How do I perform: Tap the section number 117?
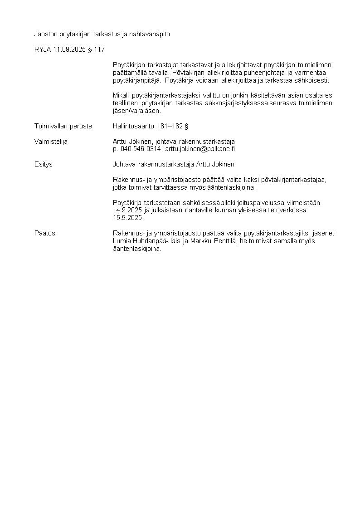click(99, 49)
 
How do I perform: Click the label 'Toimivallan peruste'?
click(63, 126)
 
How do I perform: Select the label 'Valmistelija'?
click(51, 141)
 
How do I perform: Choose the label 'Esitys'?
click(44, 164)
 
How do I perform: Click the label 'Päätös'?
click(45, 233)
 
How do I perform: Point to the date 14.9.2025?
click(127, 210)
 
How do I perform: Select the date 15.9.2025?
click(127, 218)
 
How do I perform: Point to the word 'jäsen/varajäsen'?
click(136, 111)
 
